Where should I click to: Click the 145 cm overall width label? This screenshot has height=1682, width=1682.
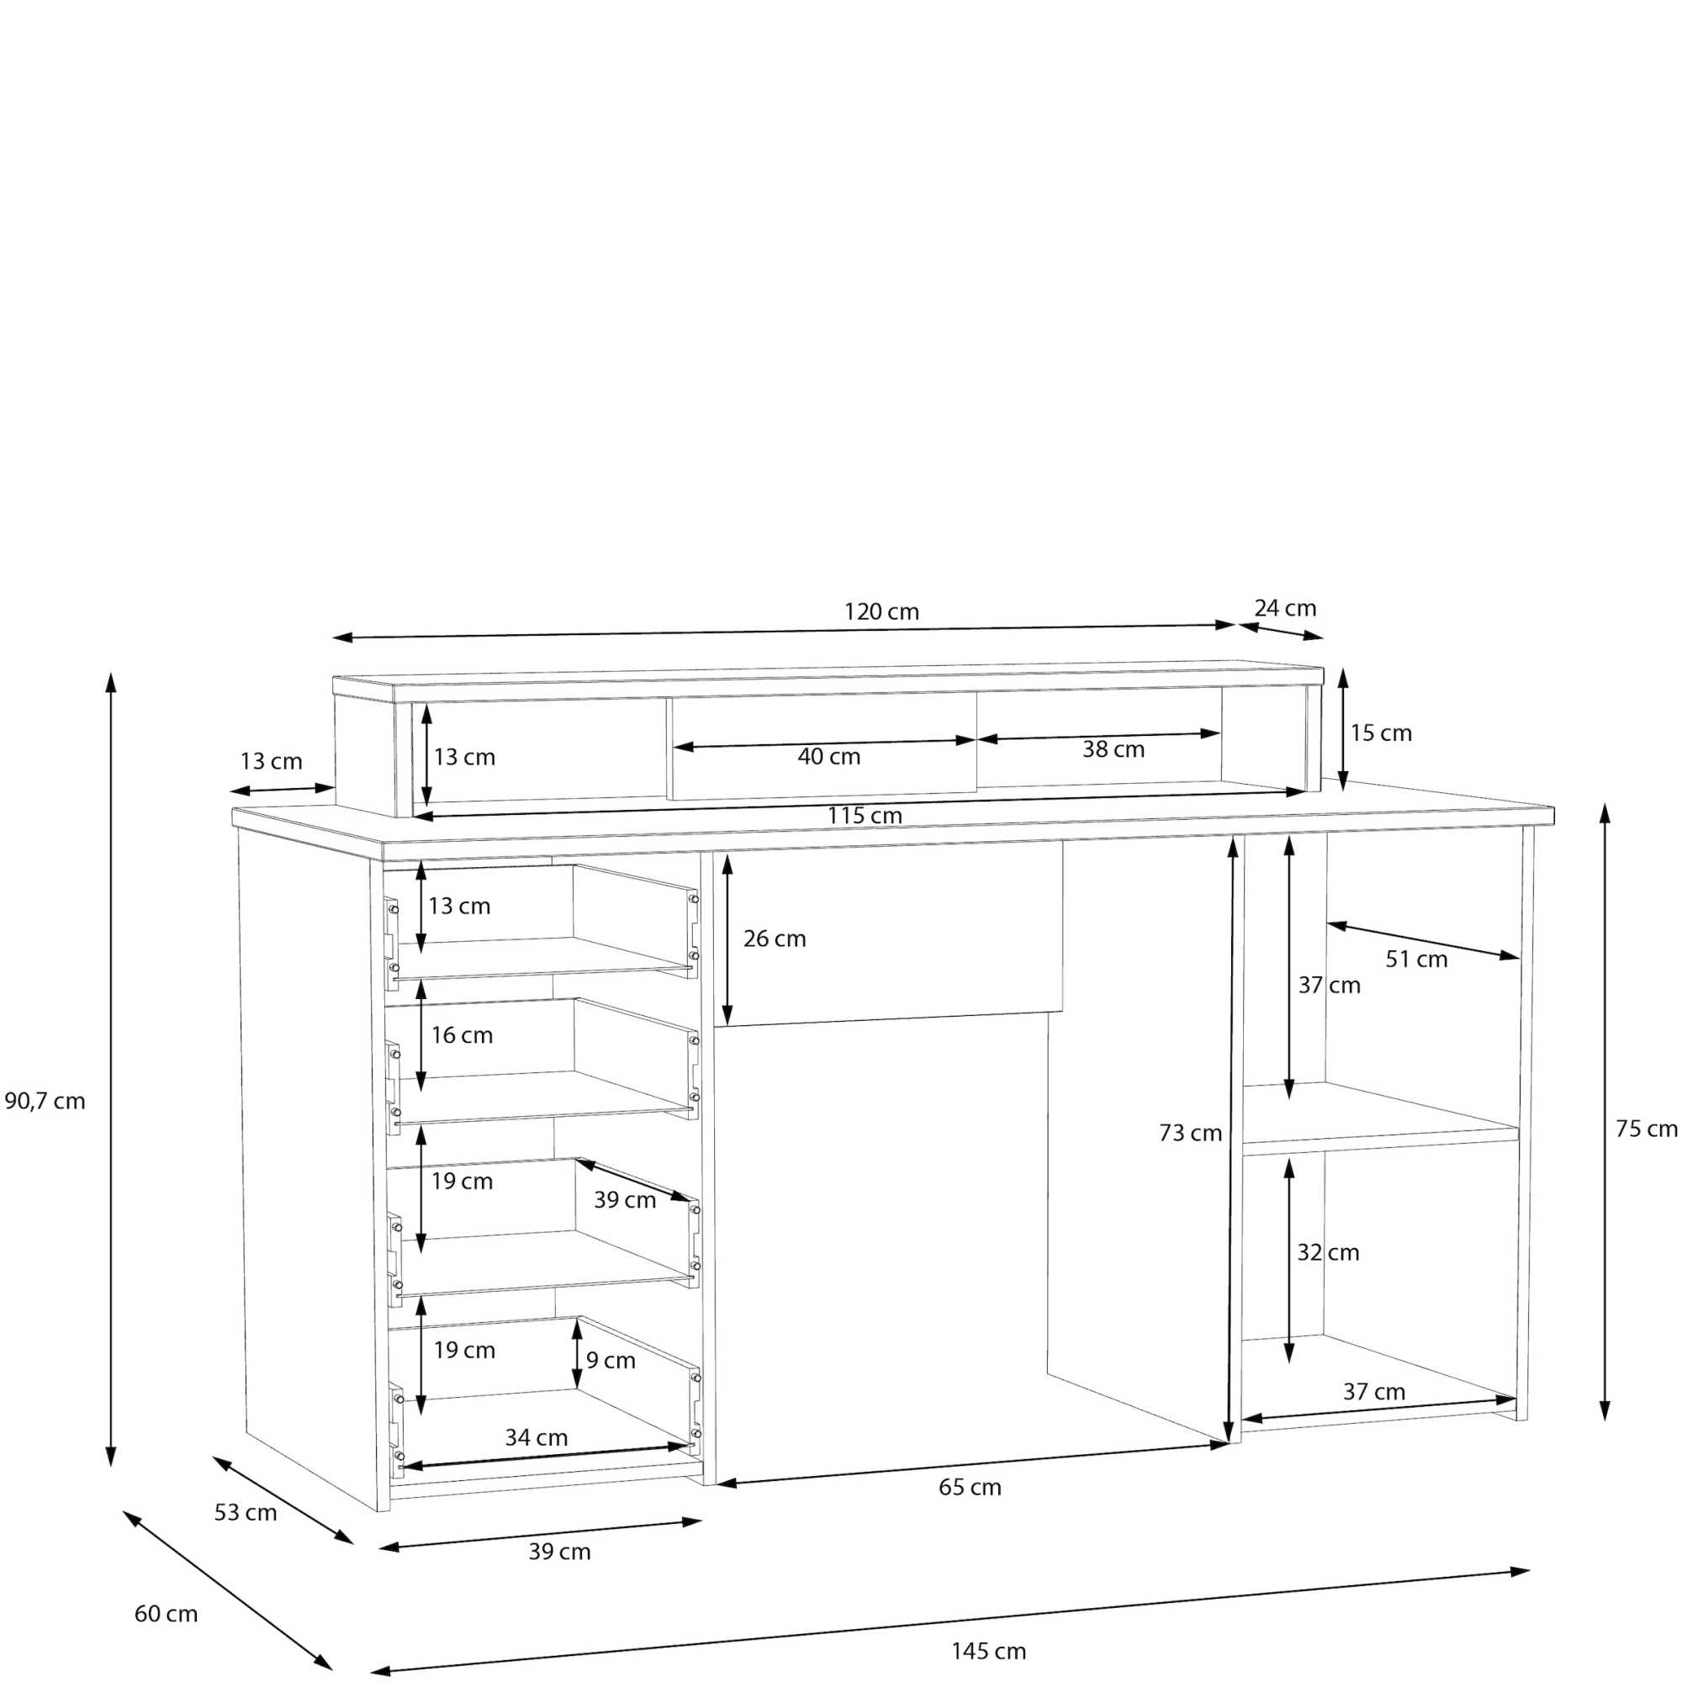point(988,1651)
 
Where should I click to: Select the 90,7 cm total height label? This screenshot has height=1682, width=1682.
point(45,1102)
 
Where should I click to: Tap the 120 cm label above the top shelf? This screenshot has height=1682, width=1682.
point(881,612)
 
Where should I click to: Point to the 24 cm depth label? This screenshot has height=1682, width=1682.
point(1285,608)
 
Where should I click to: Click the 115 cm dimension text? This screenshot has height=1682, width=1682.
point(865,816)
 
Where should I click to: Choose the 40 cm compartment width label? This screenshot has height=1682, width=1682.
point(829,757)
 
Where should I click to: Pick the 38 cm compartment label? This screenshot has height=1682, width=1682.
point(1113,748)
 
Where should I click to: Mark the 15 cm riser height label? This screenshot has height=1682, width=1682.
point(1381,733)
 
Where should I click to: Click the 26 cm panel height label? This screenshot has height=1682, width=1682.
point(775,939)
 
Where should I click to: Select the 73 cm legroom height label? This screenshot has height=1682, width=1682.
point(1190,1133)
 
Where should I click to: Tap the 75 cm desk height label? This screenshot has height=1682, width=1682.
point(1647,1129)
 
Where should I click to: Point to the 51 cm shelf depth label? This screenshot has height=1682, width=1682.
point(1416,960)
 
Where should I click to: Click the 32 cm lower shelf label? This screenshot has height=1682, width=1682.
point(1328,1252)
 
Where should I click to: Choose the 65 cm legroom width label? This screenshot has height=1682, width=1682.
point(970,1487)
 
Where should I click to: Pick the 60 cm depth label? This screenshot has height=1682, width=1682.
point(166,1613)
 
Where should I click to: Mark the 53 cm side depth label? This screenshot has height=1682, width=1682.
point(246,1512)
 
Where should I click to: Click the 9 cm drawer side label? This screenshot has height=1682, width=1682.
point(611,1360)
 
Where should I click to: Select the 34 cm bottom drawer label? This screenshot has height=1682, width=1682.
point(537,1437)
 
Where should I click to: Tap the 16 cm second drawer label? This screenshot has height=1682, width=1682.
point(462,1035)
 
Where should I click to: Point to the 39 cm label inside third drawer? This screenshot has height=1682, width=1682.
point(624,1200)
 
